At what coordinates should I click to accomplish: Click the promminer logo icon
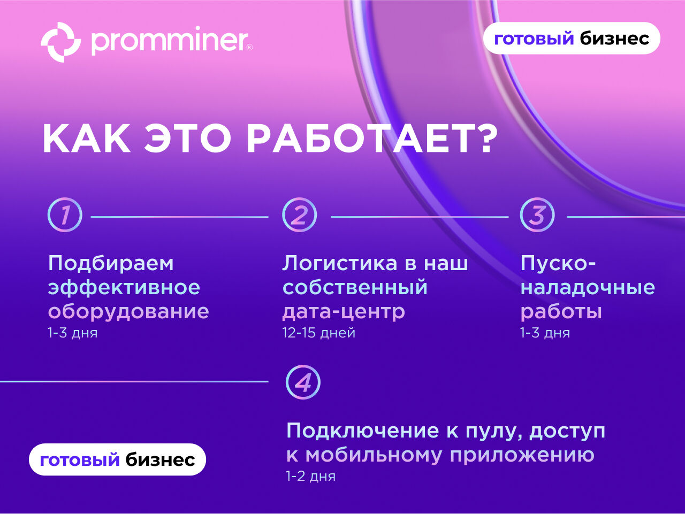pos(61,42)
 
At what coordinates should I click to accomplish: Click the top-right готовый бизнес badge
pos(572,39)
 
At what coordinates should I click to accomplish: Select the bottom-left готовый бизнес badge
pos(117,459)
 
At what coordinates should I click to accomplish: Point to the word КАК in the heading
pos(87,138)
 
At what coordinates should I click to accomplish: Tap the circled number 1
pos(65,215)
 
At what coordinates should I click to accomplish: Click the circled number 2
pos(300,215)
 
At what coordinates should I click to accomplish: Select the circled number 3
pos(537,215)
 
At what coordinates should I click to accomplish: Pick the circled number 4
pos(303,382)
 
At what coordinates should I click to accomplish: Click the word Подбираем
pos(111,264)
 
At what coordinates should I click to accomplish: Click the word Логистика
pos(340,263)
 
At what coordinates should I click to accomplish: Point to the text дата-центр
pos(344,312)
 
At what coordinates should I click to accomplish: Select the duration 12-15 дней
pos(318,333)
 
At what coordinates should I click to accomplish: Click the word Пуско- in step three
pos(558,264)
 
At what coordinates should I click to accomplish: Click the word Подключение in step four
pos(363,431)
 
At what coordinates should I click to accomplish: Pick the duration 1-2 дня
pos(311,476)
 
